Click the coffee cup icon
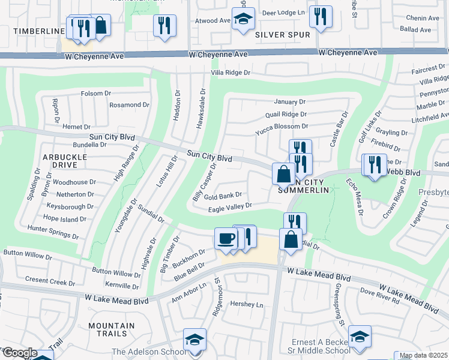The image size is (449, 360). point(226,238)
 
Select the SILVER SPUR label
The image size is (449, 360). point(283,35)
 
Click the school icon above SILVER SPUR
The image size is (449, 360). point(243,19)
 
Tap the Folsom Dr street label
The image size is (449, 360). point(96,94)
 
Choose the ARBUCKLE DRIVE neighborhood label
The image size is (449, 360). point(65,161)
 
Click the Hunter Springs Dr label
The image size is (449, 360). point(53,229)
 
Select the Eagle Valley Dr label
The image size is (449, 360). point(229,206)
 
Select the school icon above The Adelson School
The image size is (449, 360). point(194,340)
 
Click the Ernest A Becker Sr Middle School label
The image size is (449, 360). point(319,346)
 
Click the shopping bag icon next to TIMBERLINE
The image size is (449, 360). point(100,26)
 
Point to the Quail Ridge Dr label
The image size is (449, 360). point(286,114)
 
